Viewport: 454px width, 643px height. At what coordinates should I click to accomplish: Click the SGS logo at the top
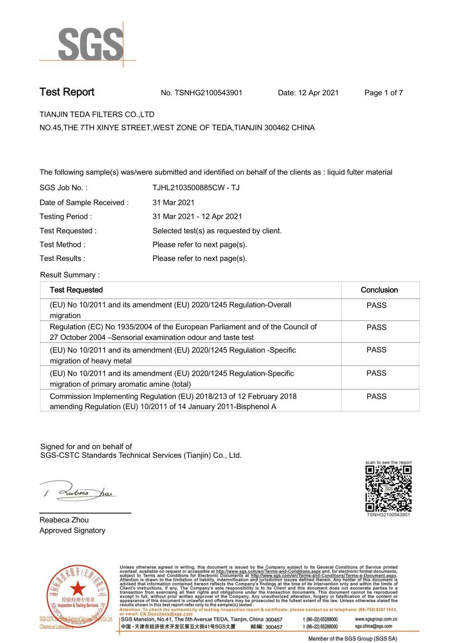point(91,44)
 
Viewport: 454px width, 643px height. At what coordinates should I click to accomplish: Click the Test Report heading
point(67,92)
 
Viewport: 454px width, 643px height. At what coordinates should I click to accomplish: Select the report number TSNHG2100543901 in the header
point(202,93)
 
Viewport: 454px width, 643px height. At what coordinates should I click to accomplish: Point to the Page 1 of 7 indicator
point(383,93)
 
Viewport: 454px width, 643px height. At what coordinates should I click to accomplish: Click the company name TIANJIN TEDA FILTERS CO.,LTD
point(97,114)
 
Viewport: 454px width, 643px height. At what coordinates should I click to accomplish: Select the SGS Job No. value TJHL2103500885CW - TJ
point(196,188)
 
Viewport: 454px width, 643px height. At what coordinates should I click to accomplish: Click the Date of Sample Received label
point(84,202)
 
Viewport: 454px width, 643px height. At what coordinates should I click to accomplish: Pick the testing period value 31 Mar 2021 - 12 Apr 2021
point(197,216)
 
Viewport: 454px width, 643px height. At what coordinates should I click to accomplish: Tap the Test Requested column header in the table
point(76,290)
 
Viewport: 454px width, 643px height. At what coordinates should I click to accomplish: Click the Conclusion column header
point(379,290)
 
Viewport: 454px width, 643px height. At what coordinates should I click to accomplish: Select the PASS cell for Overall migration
point(376,305)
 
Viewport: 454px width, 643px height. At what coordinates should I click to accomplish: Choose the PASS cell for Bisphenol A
point(376,397)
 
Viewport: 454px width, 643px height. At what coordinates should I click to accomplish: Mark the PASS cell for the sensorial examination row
point(376,327)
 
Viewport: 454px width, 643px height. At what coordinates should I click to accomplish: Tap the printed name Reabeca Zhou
point(64,520)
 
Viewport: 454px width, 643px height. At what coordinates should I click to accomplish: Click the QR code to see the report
point(389,488)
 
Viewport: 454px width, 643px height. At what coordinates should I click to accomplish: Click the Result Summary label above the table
point(70,275)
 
